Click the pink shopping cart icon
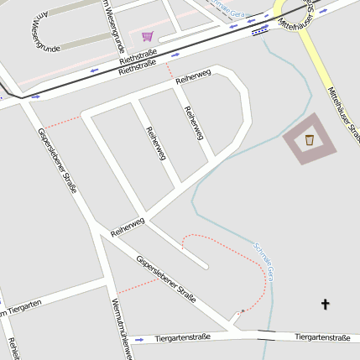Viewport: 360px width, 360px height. (148, 36)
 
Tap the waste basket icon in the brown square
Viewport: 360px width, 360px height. (310, 139)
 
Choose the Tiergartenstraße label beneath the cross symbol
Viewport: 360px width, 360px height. (322, 337)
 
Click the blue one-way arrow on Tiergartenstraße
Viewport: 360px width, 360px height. (139, 340)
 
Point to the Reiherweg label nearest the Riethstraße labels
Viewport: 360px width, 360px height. (193, 78)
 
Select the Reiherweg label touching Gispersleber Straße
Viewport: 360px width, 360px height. (128, 226)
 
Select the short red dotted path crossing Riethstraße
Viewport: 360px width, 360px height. (170, 70)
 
